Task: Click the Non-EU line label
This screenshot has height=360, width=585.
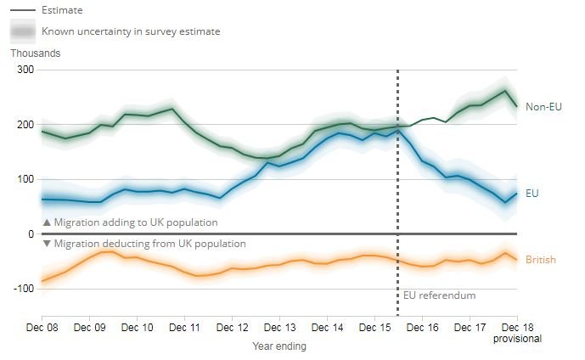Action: (543, 106)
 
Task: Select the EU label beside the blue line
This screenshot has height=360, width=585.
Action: (532, 194)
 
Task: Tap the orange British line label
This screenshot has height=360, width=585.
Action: (541, 259)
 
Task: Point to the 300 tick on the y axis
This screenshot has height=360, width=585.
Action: (24, 70)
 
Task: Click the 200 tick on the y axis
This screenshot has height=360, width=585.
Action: (24, 124)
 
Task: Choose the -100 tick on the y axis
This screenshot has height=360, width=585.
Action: (21, 289)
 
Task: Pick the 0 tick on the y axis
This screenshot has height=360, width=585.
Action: (29, 233)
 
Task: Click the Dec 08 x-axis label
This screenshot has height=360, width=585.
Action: (42, 327)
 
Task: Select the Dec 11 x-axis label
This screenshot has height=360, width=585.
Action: (183, 327)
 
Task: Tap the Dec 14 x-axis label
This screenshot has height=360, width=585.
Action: (326, 327)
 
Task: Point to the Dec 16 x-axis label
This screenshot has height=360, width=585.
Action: (421, 327)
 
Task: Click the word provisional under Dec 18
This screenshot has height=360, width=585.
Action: (517, 338)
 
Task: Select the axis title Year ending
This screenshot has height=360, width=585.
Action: (278, 346)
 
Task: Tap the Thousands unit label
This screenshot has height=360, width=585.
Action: (35, 53)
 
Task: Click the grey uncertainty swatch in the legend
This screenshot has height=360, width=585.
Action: (22, 32)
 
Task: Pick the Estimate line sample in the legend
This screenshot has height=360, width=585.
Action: (22, 11)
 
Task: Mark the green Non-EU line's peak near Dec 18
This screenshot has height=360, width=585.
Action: (505, 91)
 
